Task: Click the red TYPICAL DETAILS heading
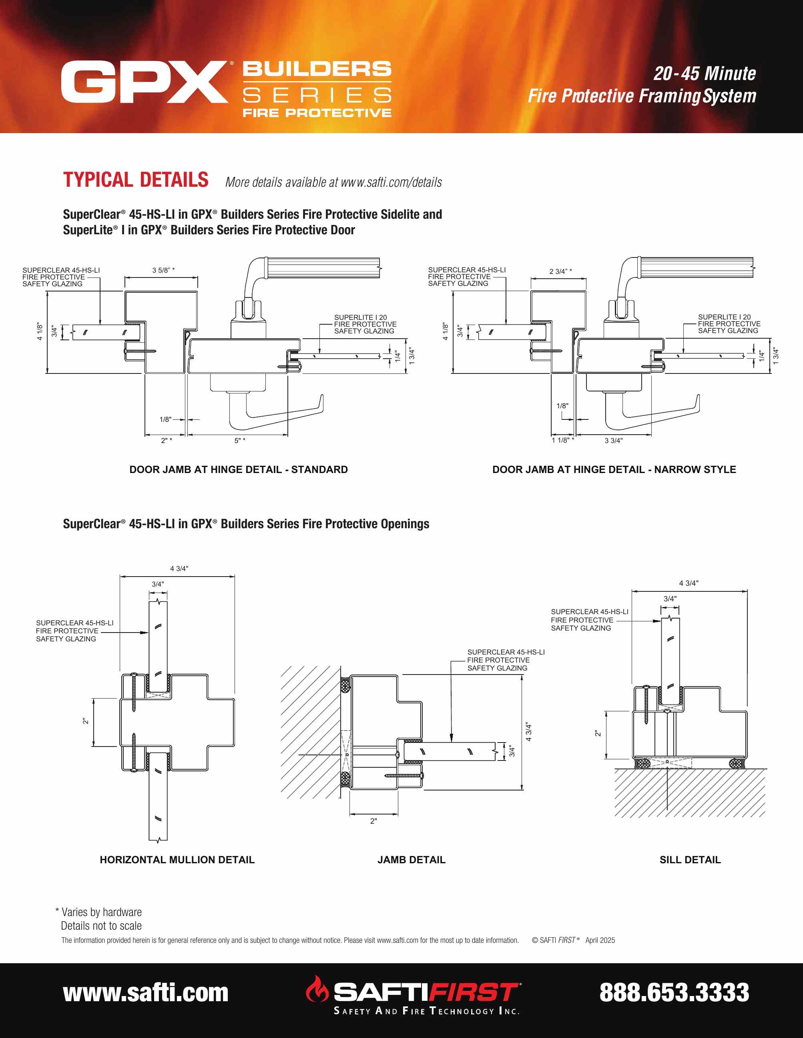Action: click(136, 180)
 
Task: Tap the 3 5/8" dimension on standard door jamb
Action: click(163, 270)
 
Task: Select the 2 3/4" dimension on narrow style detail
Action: click(560, 271)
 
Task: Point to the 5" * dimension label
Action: click(240, 441)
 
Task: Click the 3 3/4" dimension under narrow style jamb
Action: click(613, 441)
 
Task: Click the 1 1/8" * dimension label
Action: click(563, 441)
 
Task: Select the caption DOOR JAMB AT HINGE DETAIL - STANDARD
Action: click(238, 469)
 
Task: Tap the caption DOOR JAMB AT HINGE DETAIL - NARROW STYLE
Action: click(614, 469)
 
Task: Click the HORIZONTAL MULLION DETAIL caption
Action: click(177, 860)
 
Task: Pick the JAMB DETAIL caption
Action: click(411, 860)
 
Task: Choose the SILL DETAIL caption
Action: click(690, 860)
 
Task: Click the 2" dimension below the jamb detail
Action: click(373, 821)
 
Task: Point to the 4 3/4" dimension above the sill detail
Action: click(689, 583)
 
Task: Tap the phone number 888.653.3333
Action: click(674, 992)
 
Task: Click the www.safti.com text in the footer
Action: click(146, 992)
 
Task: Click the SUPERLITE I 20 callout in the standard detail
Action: click(360, 317)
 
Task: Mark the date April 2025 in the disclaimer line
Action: click(600, 940)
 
